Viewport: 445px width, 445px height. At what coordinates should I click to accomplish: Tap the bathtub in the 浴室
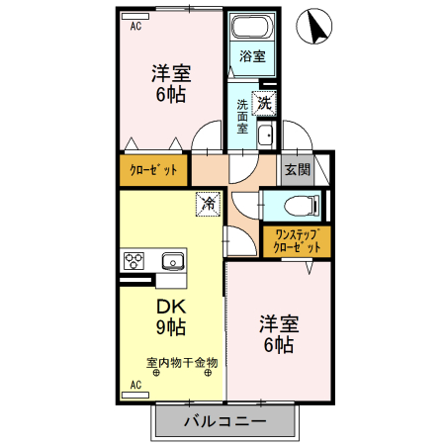pos(253,28)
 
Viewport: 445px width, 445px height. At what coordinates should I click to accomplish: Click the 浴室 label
pos(253,56)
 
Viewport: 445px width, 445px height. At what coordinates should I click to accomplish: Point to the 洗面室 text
pos(242,116)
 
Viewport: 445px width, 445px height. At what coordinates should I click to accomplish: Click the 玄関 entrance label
pos(297,169)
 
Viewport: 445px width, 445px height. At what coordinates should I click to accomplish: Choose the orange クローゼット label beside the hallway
pos(153,169)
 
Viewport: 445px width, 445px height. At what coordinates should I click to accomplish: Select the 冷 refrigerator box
pos(208,204)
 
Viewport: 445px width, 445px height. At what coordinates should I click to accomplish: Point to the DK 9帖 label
pos(171,313)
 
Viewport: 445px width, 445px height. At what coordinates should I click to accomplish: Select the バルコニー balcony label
pos(225,422)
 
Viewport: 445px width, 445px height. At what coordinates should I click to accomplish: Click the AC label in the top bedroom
pos(135,27)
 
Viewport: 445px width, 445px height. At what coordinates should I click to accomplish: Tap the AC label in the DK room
pos(135,385)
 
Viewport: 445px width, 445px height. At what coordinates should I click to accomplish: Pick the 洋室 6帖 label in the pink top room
pos(170,84)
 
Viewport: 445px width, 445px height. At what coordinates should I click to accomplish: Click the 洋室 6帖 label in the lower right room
pos(278,333)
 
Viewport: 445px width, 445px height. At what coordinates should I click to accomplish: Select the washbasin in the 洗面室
pos(264,135)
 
